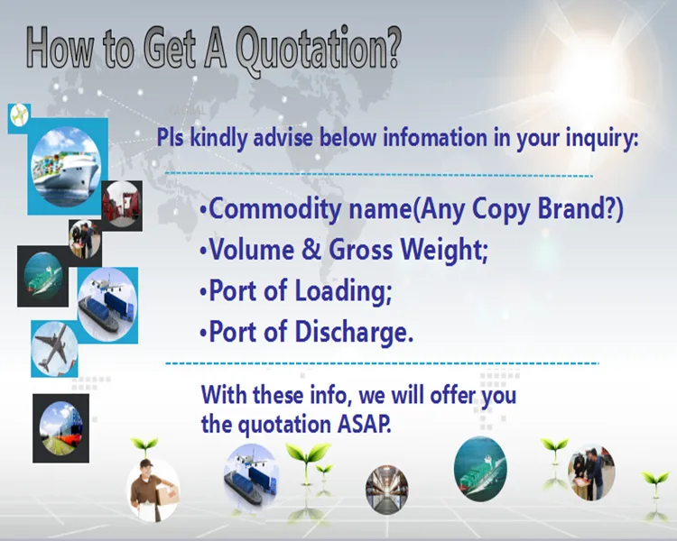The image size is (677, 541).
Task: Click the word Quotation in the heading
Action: [317, 50]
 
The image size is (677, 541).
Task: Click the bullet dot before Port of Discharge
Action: [203, 333]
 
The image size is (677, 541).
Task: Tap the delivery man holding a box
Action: [151, 488]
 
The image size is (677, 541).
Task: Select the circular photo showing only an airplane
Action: [54, 348]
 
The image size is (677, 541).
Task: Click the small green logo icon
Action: [19, 115]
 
